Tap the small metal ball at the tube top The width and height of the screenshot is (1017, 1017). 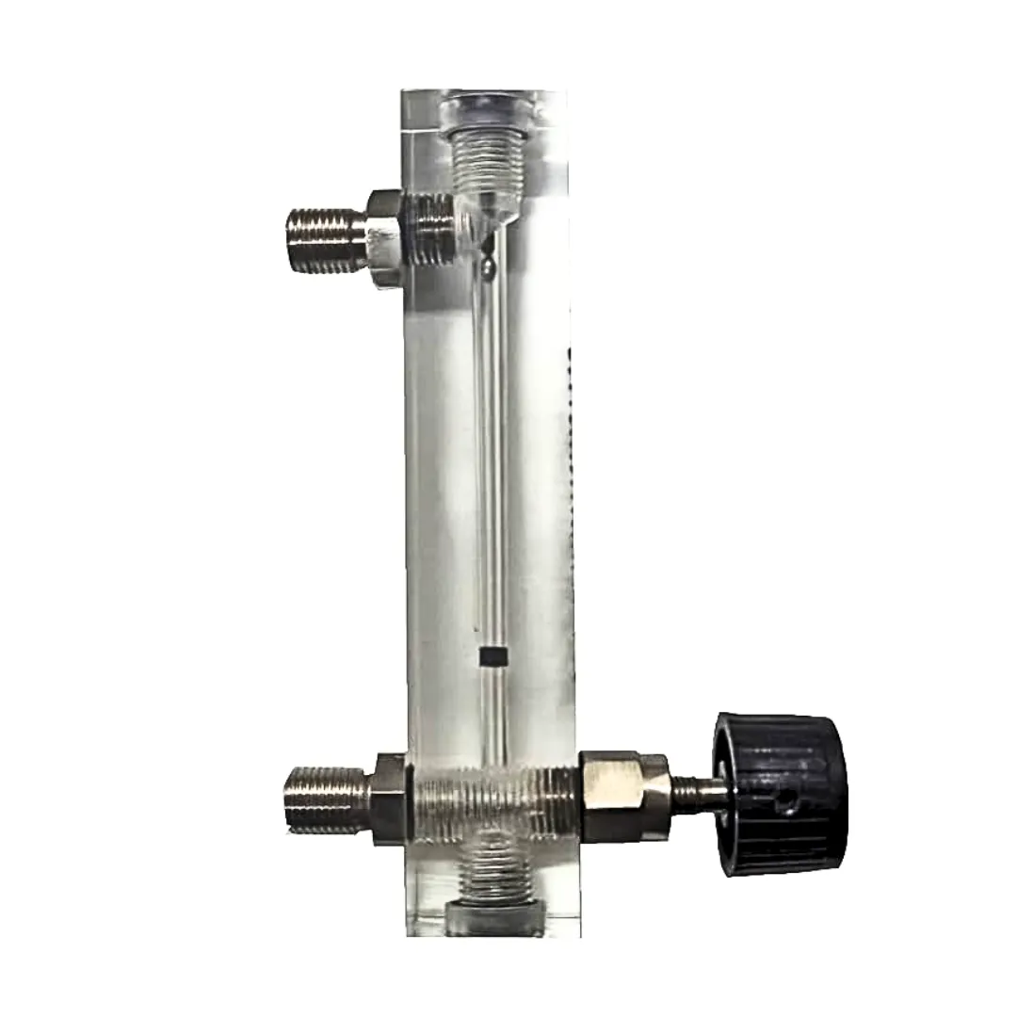coord(487,268)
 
